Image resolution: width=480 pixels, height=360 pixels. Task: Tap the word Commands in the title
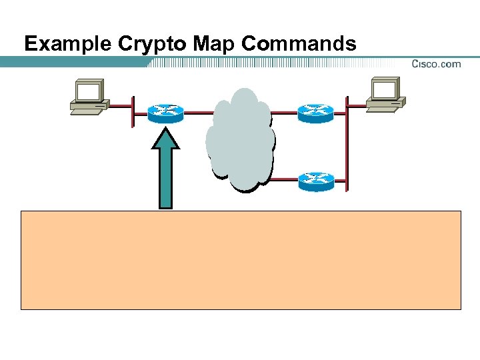pos(299,44)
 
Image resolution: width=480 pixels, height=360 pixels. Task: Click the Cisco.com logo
pos(436,64)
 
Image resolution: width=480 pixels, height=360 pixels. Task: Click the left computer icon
pos(89,97)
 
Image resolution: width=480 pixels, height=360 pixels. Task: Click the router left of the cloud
pos(165,113)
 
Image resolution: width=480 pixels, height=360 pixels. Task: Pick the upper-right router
pos(315,113)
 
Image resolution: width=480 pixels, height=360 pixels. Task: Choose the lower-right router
pos(315,181)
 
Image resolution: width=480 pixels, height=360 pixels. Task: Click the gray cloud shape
pos(240,140)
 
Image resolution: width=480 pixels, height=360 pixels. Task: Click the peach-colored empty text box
pos(241,260)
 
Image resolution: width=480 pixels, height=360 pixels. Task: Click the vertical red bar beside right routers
pos(346,143)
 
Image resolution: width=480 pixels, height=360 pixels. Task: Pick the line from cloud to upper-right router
pos(284,112)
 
